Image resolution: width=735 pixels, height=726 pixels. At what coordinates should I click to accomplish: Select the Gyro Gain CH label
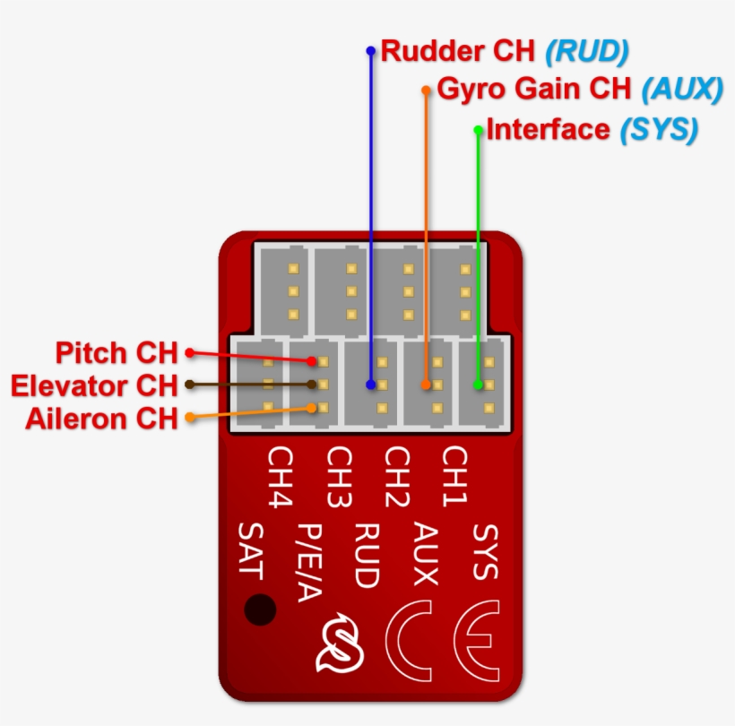[x=535, y=90]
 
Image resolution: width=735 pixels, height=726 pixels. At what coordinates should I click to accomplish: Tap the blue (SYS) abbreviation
[x=658, y=129]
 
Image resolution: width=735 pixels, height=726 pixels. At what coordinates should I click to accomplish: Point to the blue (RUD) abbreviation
[x=587, y=50]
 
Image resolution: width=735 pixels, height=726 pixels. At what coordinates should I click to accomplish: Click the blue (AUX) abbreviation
[x=682, y=90]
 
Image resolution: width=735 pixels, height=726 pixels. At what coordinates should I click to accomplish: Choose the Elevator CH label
[x=94, y=385]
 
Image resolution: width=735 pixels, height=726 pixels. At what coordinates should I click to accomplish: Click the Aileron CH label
[x=101, y=418]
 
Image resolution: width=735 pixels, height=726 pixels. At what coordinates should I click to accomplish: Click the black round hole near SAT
[x=260, y=609]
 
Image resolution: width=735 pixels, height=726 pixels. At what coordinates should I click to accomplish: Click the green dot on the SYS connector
[x=478, y=385]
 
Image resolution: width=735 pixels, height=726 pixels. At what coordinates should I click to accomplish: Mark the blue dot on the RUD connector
[x=370, y=385]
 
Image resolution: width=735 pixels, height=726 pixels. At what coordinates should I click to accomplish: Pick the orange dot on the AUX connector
[x=426, y=385]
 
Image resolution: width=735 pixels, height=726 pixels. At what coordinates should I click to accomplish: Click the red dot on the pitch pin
[x=312, y=361]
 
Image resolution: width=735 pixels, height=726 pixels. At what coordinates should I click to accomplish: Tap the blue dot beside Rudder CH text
[x=370, y=50]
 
